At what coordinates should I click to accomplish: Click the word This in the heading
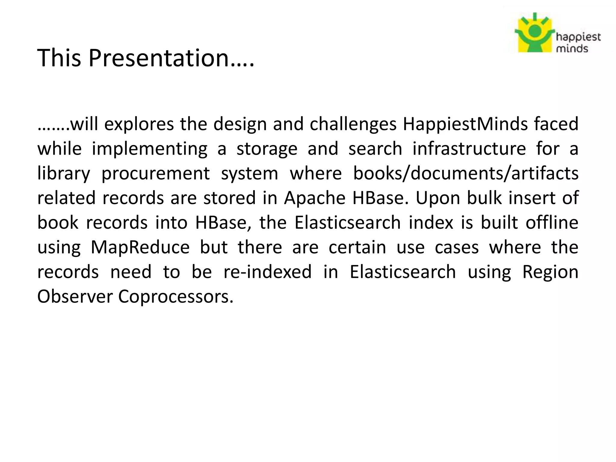pos(59,58)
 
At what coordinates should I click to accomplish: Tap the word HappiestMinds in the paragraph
pos(465,124)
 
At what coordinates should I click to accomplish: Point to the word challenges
pos(353,124)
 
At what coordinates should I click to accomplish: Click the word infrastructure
pos(469,149)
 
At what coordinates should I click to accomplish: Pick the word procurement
pos(156,173)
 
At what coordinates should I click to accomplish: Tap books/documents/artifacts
pos(466,173)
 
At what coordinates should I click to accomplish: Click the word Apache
pos(315,198)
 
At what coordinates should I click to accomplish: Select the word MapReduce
pos(140,247)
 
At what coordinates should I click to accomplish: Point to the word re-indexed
pos(267,272)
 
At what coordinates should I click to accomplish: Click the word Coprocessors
pos(176,297)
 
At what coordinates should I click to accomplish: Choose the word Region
pos(550,272)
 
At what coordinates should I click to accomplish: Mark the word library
pos(63,173)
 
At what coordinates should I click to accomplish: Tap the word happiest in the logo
pos(578,38)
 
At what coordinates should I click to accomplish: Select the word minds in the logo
pos(572,48)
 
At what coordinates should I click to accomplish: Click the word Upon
pos(438,198)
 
